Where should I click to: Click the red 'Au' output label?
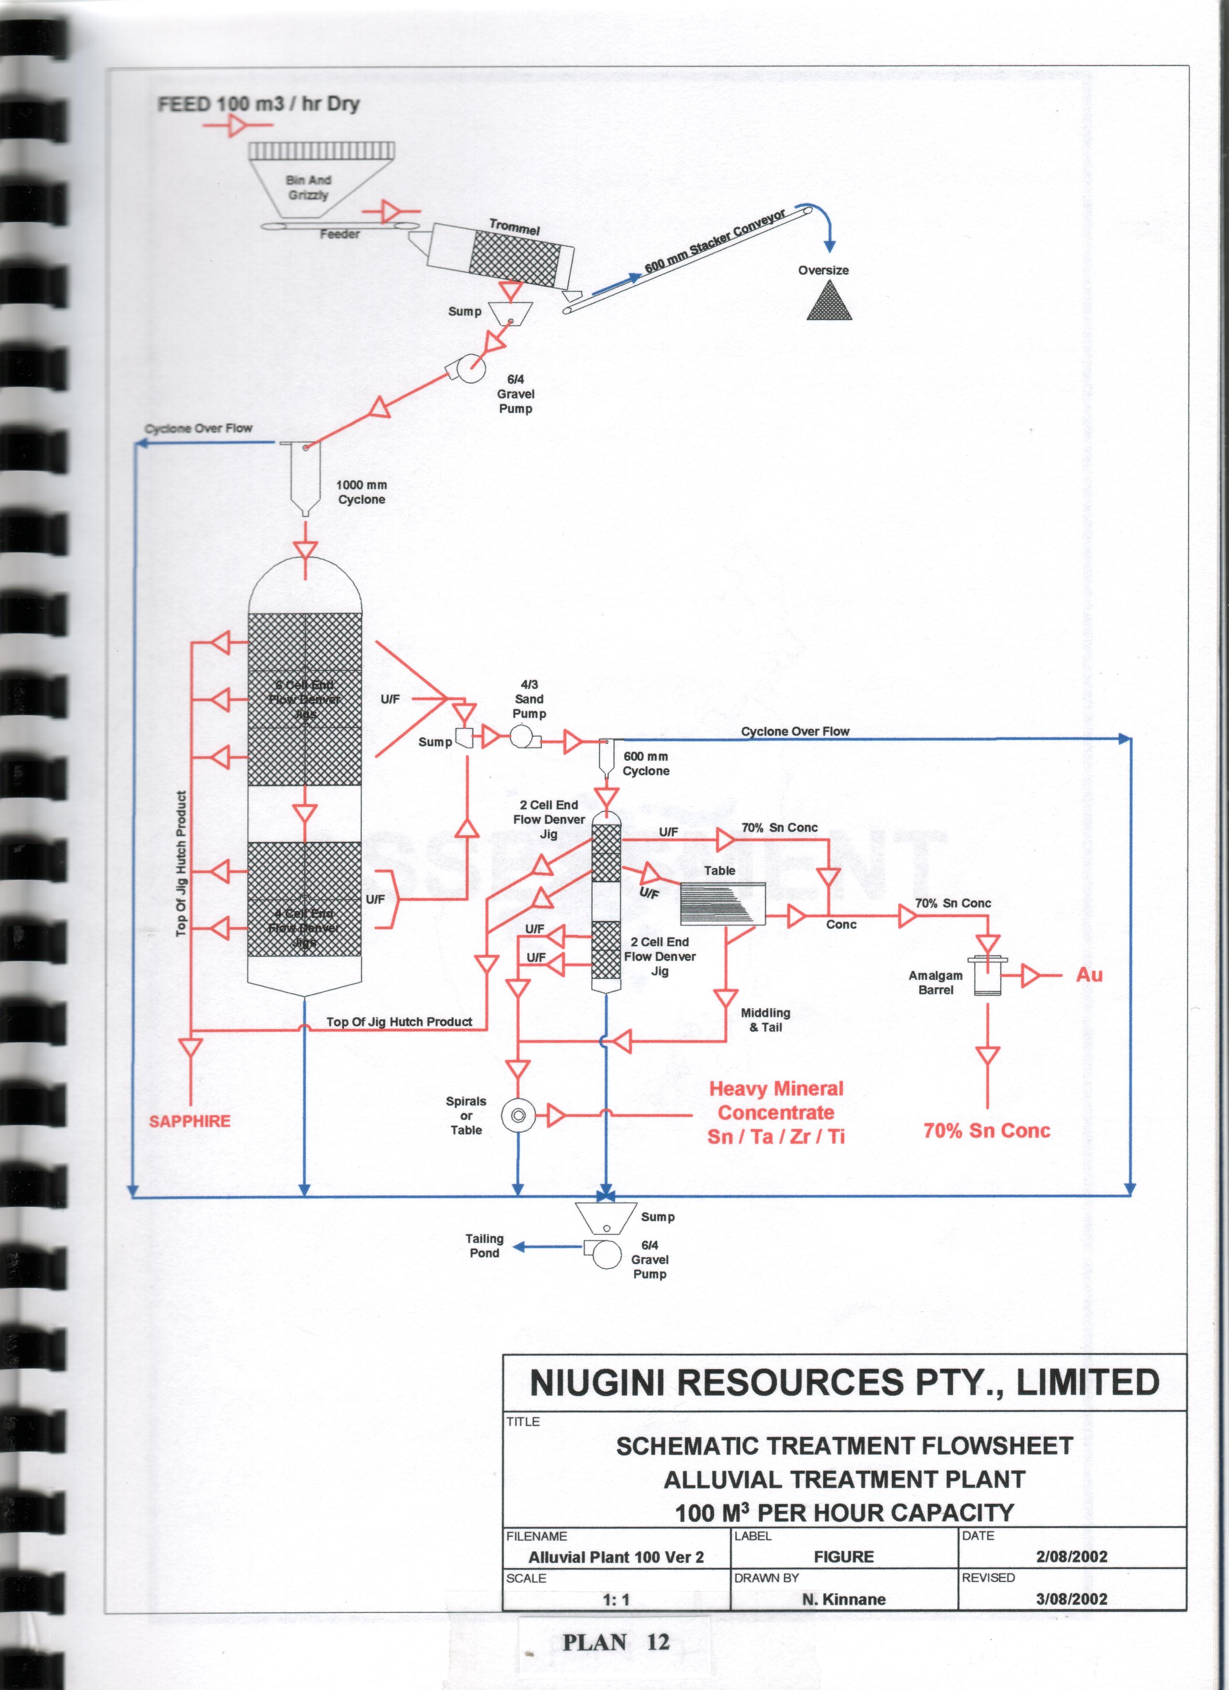point(1089,975)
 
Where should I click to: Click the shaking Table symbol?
point(722,903)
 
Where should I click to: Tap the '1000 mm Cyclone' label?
point(361,492)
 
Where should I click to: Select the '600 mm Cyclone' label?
point(646,764)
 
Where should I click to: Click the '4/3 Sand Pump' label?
point(529,699)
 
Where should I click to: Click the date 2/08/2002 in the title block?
point(1071,1556)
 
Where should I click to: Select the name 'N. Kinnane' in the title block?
point(844,1599)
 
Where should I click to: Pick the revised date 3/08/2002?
point(1071,1599)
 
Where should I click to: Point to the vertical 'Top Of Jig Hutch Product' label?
point(181,864)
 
